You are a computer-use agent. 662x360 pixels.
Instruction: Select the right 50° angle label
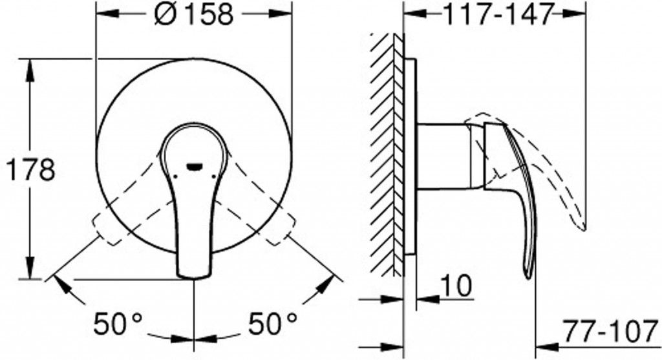272,324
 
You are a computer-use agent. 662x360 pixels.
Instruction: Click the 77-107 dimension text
611,332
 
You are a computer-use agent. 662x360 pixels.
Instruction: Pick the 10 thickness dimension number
456,286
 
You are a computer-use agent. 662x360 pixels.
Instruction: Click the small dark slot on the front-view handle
195,167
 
